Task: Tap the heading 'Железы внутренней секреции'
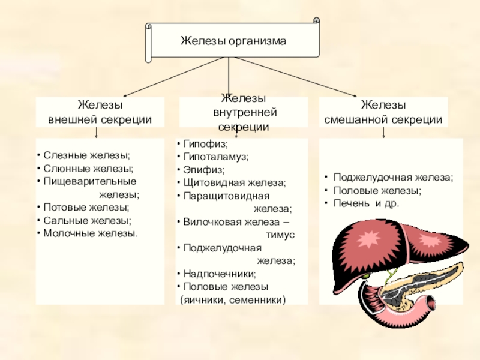(244, 113)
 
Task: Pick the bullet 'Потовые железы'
(86, 207)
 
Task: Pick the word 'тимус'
(281, 235)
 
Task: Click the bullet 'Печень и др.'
(365, 203)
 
